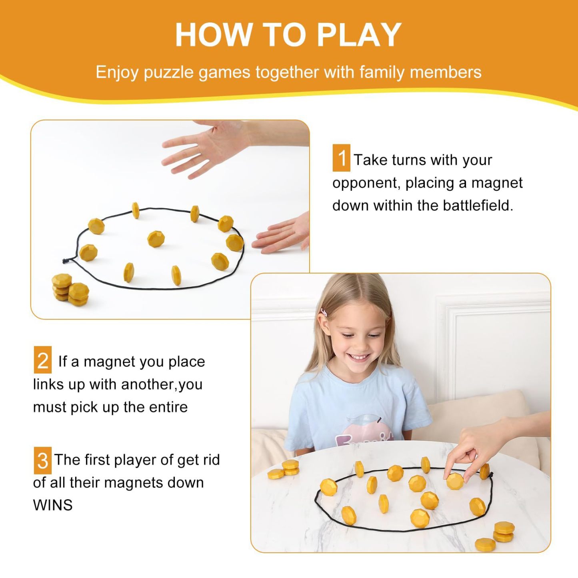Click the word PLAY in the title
coord(359,35)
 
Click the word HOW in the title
coord(212,35)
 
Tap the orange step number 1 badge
coord(341,158)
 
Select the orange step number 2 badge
coord(42,360)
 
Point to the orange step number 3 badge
coord(42,460)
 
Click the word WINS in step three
coord(53,505)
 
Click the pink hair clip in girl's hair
coord(323,312)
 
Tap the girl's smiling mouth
coord(359,356)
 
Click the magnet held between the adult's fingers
coord(455,480)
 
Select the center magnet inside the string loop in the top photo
coord(156,239)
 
